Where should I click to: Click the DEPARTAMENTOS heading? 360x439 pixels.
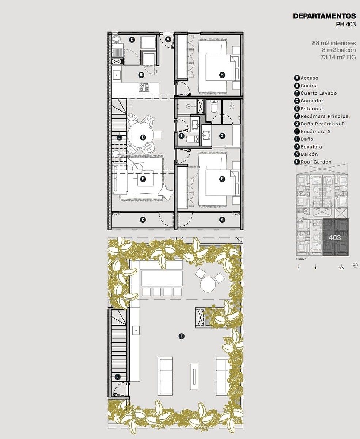click(x=325, y=16)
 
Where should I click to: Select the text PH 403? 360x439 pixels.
click(x=346, y=24)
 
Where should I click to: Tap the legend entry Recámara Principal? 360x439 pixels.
click(x=325, y=116)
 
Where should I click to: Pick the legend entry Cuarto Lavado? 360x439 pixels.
click(x=319, y=93)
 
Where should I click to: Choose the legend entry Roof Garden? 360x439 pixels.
click(x=316, y=162)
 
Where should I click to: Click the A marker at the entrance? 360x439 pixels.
click(x=168, y=40)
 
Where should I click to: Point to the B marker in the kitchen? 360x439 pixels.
click(x=141, y=75)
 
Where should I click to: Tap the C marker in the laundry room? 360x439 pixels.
click(x=132, y=40)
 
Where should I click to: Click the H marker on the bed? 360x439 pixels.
click(x=222, y=75)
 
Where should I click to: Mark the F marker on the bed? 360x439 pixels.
click(x=222, y=179)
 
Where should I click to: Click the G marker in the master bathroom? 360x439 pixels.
click(x=222, y=136)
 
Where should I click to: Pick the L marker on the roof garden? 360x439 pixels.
click(x=182, y=336)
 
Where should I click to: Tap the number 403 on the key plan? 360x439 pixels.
click(x=335, y=237)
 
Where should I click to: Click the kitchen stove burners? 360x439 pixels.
click(x=144, y=87)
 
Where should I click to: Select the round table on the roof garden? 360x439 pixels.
click(x=208, y=284)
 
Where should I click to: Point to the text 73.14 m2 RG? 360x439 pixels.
click(x=338, y=57)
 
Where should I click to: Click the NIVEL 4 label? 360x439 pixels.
click(x=301, y=259)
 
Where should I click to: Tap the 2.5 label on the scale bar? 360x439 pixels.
click(x=341, y=268)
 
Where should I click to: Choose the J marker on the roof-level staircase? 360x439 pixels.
click(x=118, y=376)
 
